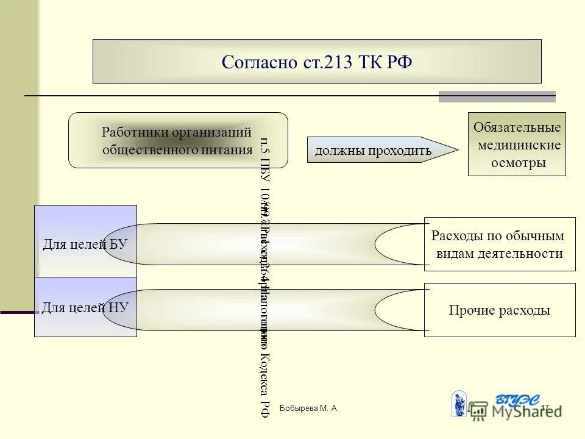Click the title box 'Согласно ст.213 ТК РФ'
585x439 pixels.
(x=317, y=62)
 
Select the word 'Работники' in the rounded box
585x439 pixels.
(x=135, y=132)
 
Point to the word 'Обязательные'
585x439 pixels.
(x=517, y=128)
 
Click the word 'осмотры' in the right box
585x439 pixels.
(x=518, y=163)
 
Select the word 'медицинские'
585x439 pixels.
(x=519, y=146)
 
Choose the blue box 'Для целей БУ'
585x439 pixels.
(x=85, y=244)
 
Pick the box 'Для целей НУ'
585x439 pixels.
(x=85, y=307)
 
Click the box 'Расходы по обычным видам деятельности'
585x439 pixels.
(x=500, y=244)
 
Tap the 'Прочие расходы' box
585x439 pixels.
(x=500, y=310)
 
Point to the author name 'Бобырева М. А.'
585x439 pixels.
(x=309, y=408)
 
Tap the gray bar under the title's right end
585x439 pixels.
(x=497, y=96)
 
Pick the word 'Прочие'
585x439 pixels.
(x=470, y=310)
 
